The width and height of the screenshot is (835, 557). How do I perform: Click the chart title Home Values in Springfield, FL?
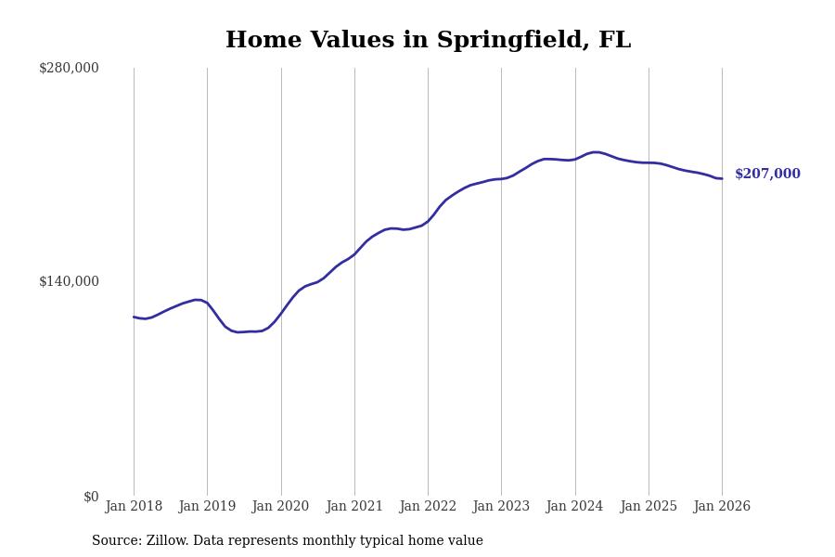pos(428,41)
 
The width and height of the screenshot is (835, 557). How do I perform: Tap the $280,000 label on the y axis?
pos(69,68)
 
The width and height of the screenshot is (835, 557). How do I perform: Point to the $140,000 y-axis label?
pos(69,281)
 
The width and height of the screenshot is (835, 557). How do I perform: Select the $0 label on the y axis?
pos(90,497)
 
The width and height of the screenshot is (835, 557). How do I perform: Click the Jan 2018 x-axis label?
pos(134,506)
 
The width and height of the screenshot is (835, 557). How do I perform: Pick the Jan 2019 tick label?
pos(207,506)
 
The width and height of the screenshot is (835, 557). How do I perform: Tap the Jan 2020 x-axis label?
pos(280,506)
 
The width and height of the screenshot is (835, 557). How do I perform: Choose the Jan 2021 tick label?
pos(354,506)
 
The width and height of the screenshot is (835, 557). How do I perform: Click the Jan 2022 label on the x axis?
pos(428,506)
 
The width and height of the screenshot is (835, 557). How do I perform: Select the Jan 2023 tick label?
pos(501,506)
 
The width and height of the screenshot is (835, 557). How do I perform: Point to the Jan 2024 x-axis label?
pos(574,506)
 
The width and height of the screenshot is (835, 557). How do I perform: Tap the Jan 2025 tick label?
pos(649,506)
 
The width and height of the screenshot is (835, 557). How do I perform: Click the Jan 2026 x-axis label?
pos(722,506)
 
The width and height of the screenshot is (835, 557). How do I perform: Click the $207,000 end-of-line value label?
pos(767,175)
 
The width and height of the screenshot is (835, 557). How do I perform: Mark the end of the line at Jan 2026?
pos(722,178)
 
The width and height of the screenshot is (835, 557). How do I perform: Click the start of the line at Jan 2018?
pos(134,317)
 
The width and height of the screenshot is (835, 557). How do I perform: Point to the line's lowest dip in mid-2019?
pos(238,332)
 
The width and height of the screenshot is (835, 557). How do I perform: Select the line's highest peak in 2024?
pos(595,152)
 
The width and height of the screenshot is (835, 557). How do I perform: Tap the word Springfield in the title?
pos(514,41)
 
